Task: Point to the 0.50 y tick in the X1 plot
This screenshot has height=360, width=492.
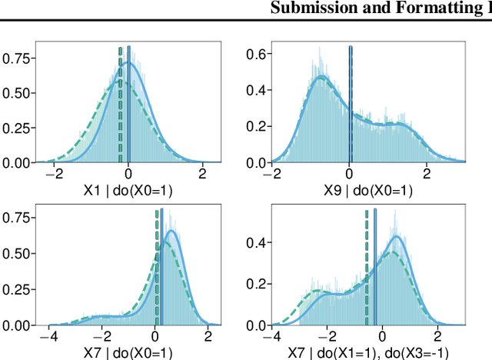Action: (x=17, y=92)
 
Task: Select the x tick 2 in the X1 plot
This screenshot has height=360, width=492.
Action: (x=202, y=174)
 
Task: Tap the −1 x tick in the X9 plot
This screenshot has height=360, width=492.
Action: (x=311, y=174)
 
